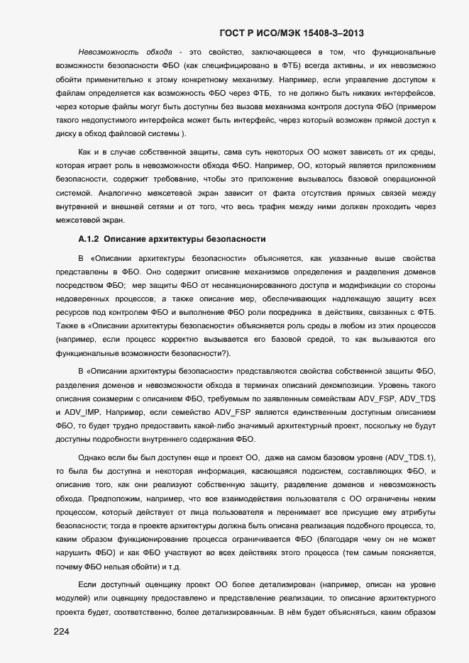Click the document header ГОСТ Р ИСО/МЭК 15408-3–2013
tap(293, 33)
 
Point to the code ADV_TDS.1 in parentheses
tap(409, 459)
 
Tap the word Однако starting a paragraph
tap(92, 459)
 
